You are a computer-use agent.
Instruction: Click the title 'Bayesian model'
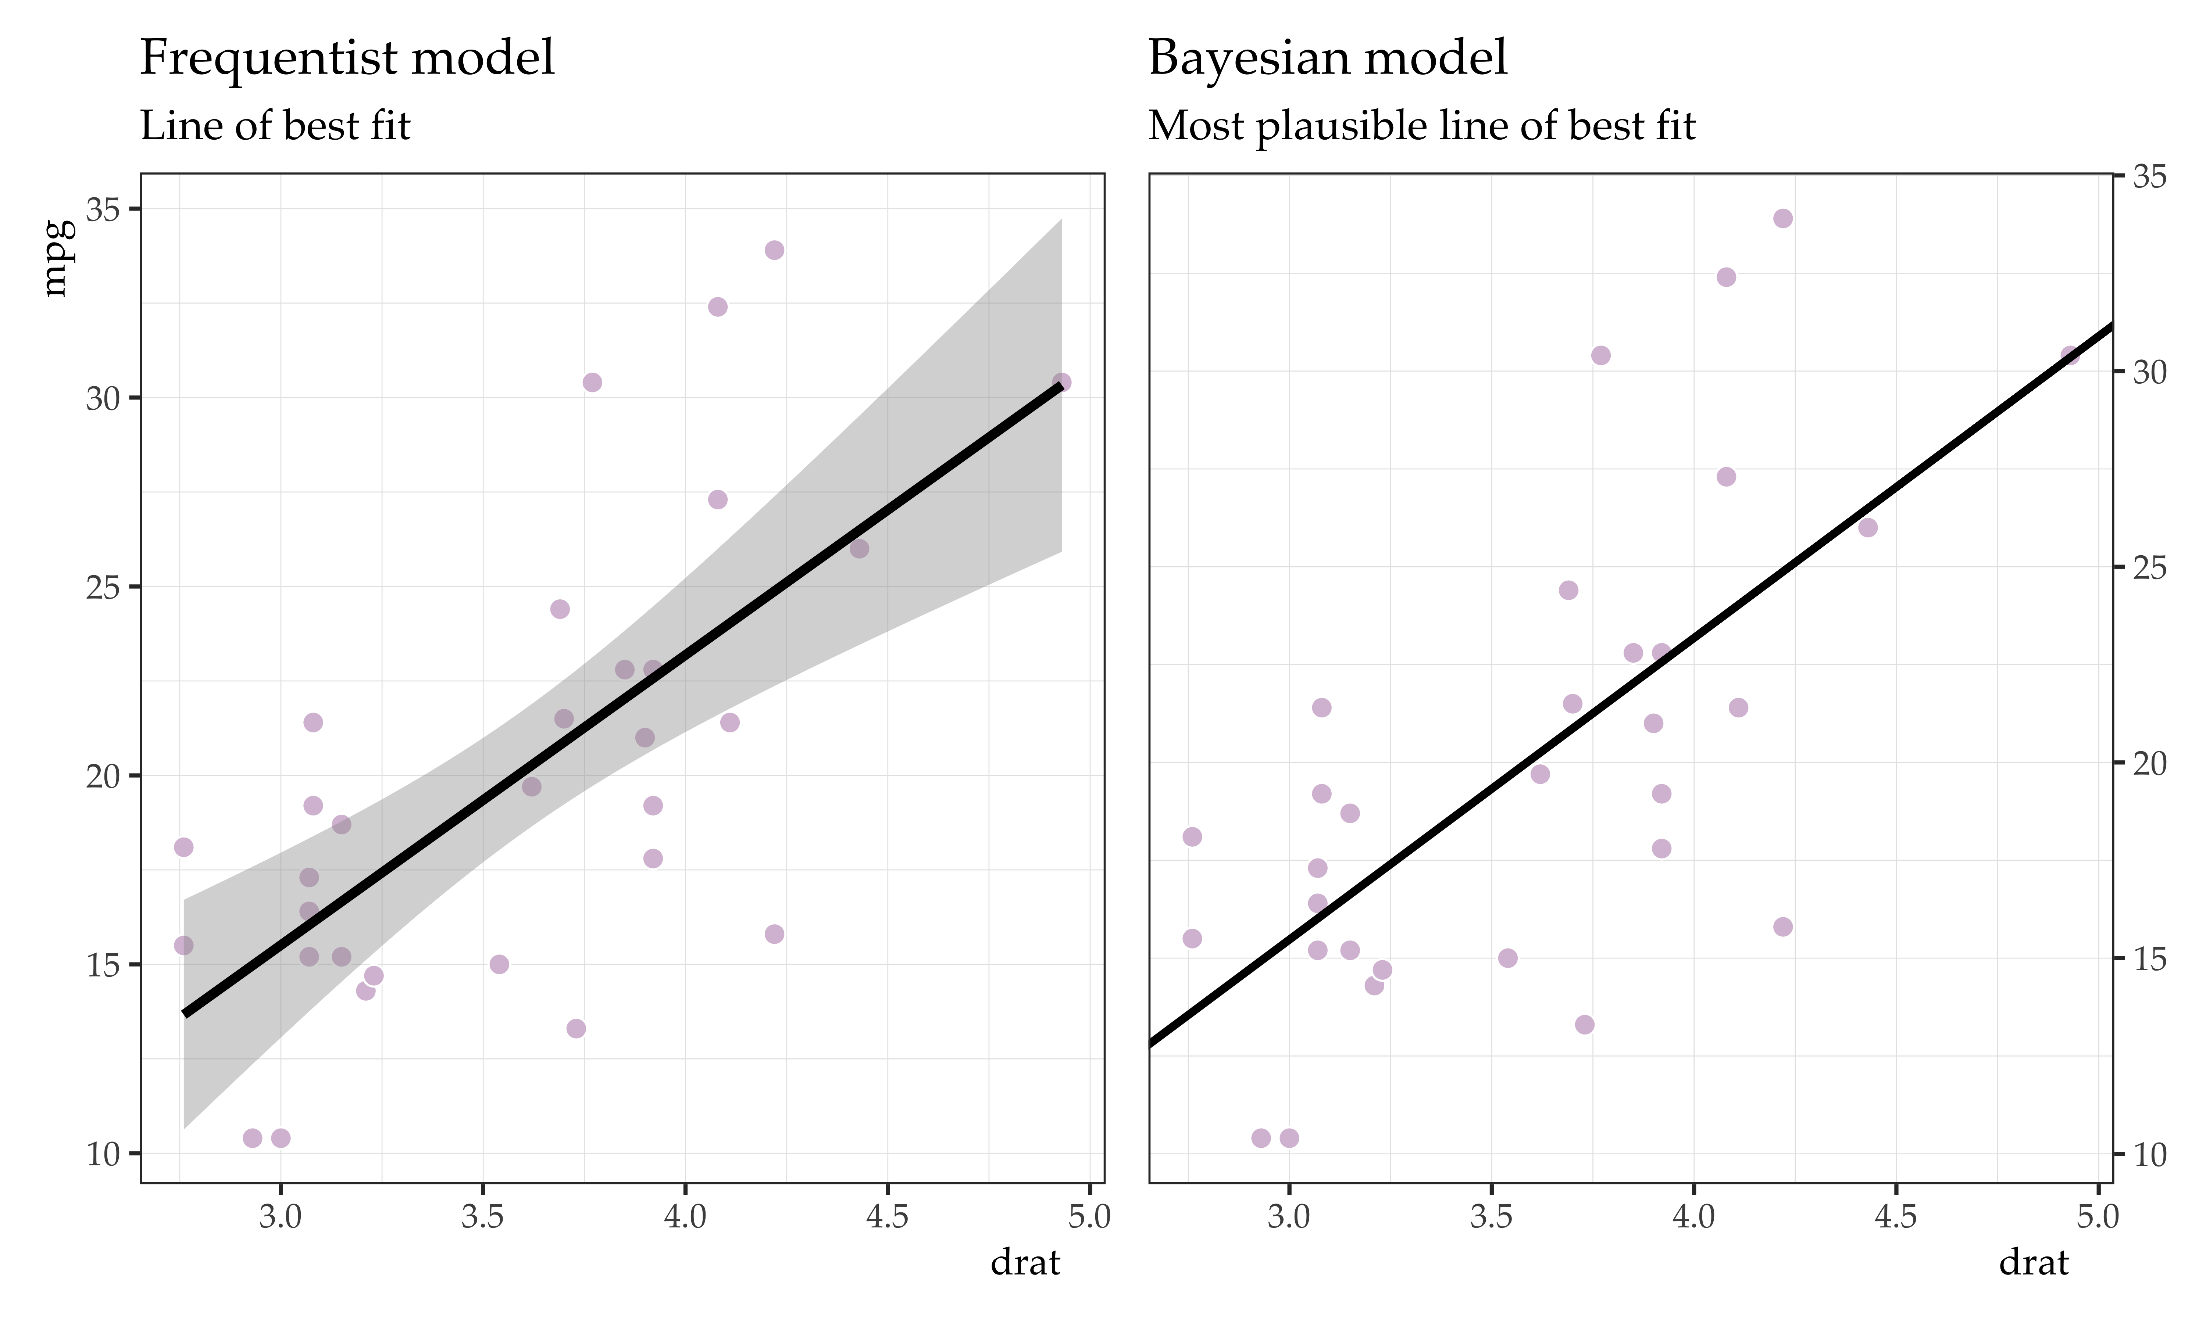click(1328, 59)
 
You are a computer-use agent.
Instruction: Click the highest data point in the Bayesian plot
click(1782, 218)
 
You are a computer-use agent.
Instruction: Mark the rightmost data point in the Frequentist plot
click(1061, 383)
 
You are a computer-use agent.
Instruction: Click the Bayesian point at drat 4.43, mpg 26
click(1867, 528)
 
